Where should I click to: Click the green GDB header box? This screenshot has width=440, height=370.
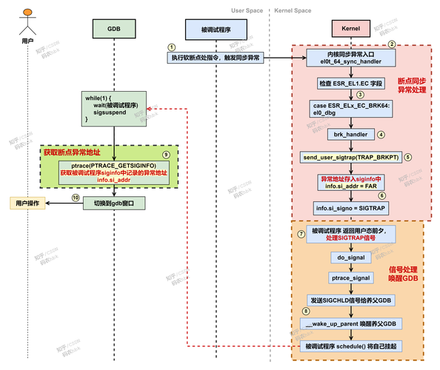pyautogui.click(x=113, y=29)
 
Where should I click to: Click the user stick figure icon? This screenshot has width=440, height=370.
pyautogui.click(x=27, y=19)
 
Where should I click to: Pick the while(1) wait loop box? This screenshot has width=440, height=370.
pyautogui.click(x=113, y=108)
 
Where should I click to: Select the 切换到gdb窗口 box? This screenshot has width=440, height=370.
pyautogui.click(x=113, y=201)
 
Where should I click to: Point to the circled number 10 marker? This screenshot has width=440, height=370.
pyautogui.click(x=75, y=198)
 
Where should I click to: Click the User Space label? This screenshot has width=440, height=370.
pyautogui.click(x=247, y=10)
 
